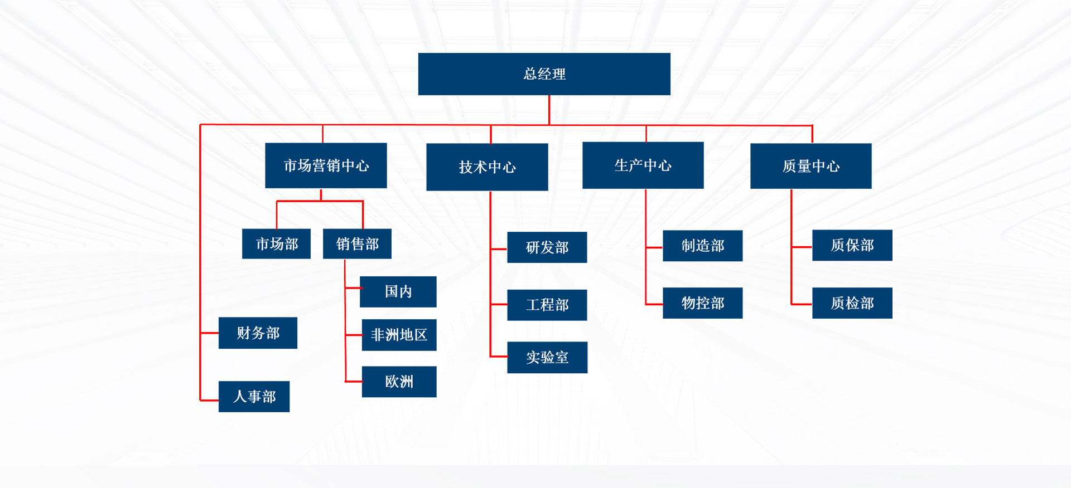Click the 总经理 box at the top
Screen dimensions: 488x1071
tap(544, 74)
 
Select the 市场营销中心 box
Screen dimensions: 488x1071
tap(326, 165)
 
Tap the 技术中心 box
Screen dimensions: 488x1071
tap(487, 167)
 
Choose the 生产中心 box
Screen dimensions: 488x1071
tap(643, 165)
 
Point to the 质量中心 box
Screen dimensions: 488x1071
tap(811, 166)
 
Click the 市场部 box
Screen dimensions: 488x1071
tap(276, 244)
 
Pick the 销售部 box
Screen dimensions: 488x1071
tap(357, 244)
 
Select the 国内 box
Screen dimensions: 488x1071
tap(398, 292)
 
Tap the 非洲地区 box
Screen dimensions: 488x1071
tap(399, 335)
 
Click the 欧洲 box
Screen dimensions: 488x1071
tap(399, 382)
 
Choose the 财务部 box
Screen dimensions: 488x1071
tap(258, 333)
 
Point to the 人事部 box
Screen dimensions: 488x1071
tap(254, 397)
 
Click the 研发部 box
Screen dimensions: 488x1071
tap(547, 247)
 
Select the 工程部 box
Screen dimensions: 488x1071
tap(547, 305)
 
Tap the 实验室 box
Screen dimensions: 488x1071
tap(547, 358)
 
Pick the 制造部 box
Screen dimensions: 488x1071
tap(702, 246)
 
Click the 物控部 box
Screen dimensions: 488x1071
tap(702, 303)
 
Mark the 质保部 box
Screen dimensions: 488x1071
tap(852, 245)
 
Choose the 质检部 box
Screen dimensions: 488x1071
tap(852, 303)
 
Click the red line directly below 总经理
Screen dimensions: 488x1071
tap(549, 110)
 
